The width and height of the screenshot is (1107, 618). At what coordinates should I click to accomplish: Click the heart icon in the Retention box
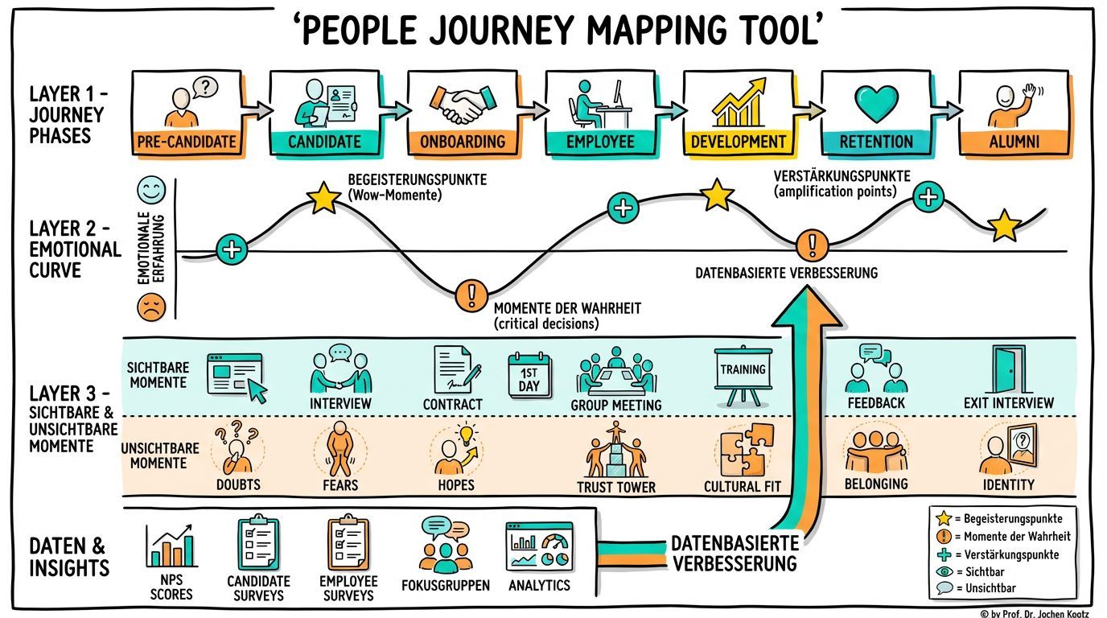pyautogui.click(x=876, y=104)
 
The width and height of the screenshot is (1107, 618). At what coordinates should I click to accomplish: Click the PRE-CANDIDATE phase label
pyautogui.click(x=187, y=142)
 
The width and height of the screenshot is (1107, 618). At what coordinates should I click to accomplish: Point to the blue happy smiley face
pyautogui.click(x=150, y=192)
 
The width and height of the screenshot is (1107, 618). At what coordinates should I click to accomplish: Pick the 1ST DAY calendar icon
pyautogui.click(x=529, y=374)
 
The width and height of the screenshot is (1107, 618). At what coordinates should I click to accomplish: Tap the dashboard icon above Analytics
pyautogui.click(x=539, y=546)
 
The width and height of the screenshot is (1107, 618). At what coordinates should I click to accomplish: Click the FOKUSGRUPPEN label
pyautogui.click(x=445, y=585)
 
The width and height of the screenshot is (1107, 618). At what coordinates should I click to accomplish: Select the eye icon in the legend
pyautogui.click(x=944, y=571)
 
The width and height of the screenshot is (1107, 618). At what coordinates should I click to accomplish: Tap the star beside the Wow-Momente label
pyautogui.click(x=323, y=198)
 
